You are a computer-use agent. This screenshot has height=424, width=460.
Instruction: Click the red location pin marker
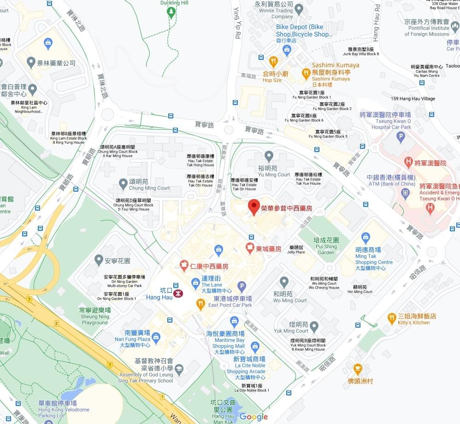pos(254,207)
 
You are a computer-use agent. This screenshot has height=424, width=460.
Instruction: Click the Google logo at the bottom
pos(253,417)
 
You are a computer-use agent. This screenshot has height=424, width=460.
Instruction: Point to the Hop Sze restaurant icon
pos(273,61)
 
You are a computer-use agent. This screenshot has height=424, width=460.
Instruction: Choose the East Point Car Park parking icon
pos(242,287)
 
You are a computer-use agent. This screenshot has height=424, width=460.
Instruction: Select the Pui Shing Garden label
pos(326,246)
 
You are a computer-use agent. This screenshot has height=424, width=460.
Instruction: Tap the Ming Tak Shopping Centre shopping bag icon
pos(366,238)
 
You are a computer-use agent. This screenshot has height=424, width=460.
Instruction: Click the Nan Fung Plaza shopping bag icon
pos(156,337)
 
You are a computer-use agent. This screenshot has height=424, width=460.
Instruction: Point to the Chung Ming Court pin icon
pos(123,183)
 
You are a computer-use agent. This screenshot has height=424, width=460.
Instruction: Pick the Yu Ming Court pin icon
pos(269,156)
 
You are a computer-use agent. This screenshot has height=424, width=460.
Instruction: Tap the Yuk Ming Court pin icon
pos(314,326)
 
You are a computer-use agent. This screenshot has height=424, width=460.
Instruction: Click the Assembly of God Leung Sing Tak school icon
pos(179,369)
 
